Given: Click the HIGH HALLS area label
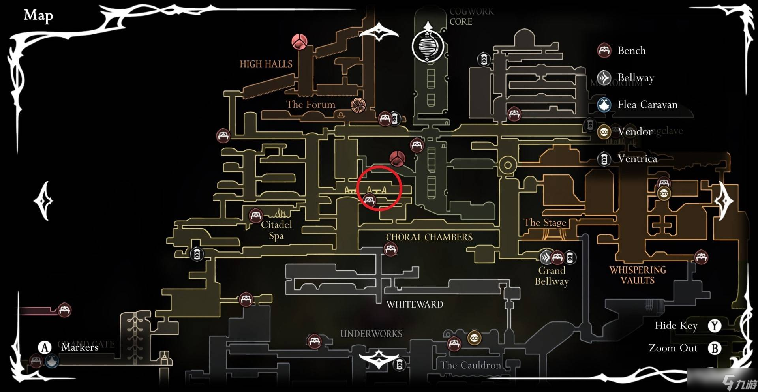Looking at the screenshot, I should point(266,64).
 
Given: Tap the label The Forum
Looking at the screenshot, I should point(311,105).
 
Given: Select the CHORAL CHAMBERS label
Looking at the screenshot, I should point(429,237).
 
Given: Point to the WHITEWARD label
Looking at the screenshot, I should point(415,304).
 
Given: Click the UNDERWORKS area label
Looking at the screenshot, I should point(371,334).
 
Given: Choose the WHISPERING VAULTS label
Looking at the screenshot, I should point(638,275).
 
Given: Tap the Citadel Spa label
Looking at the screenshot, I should point(276,230).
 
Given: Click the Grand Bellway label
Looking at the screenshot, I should point(552,276).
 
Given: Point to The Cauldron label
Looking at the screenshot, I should point(471,365).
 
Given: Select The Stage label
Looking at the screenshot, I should point(545,223).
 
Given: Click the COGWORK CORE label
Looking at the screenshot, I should point(471,17).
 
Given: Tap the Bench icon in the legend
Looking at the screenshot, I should point(604,51).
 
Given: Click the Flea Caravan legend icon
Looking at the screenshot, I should point(604,105).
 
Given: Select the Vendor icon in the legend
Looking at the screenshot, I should point(604,132).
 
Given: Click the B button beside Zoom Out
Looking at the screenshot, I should point(715,348).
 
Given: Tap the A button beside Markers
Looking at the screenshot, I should point(45,347).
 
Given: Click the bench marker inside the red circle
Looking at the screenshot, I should point(369,200).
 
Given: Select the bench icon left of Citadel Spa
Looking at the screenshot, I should point(255,216).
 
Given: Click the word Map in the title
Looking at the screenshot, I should point(38,16).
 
